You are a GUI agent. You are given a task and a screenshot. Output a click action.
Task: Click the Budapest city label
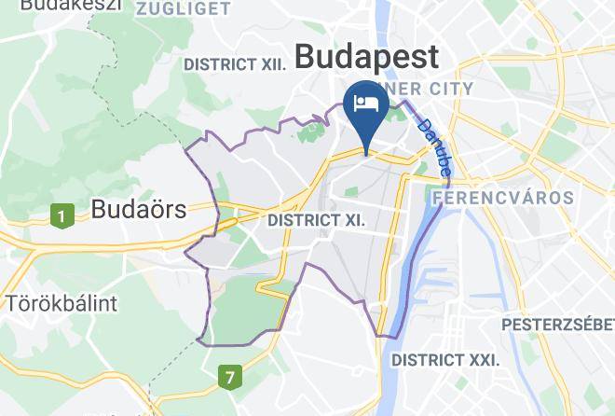click(365, 57)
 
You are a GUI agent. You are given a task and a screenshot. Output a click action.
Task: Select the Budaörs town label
click(139, 210)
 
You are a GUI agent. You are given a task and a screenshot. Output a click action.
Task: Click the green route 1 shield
click(61, 216)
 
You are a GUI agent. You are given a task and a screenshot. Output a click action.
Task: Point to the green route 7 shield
click(228, 378)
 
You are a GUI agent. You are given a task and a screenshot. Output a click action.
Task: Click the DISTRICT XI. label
click(314, 220)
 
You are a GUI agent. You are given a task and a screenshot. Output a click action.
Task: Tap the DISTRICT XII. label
click(233, 64)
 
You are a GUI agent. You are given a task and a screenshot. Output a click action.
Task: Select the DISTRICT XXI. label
click(444, 359)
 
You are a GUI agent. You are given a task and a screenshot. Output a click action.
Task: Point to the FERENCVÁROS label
click(502, 198)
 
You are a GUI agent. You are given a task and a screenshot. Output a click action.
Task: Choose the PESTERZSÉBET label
click(557, 326)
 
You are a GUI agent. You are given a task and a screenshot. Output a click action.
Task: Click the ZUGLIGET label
click(183, 9)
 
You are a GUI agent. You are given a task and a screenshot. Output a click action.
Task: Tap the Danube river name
click(435, 147)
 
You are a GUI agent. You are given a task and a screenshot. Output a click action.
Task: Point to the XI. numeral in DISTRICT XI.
click(348, 220)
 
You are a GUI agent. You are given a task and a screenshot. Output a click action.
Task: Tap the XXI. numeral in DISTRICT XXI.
click(481, 359)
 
